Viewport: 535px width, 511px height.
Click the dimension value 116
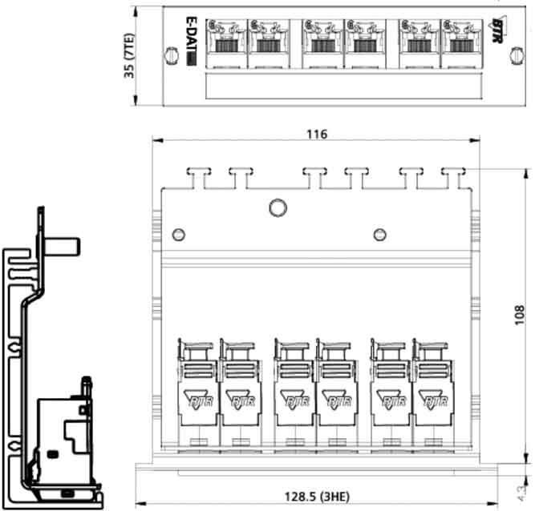click(x=316, y=135)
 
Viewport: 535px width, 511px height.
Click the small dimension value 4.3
click(x=523, y=485)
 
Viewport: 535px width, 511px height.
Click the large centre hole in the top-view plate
click(x=278, y=208)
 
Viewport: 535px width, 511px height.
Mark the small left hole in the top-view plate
click(x=179, y=234)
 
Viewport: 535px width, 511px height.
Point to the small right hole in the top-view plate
click(x=380, y=234)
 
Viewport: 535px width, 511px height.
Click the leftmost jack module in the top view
click(x=196, y=392)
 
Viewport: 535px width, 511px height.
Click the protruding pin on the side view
click(x=67, y=243)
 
